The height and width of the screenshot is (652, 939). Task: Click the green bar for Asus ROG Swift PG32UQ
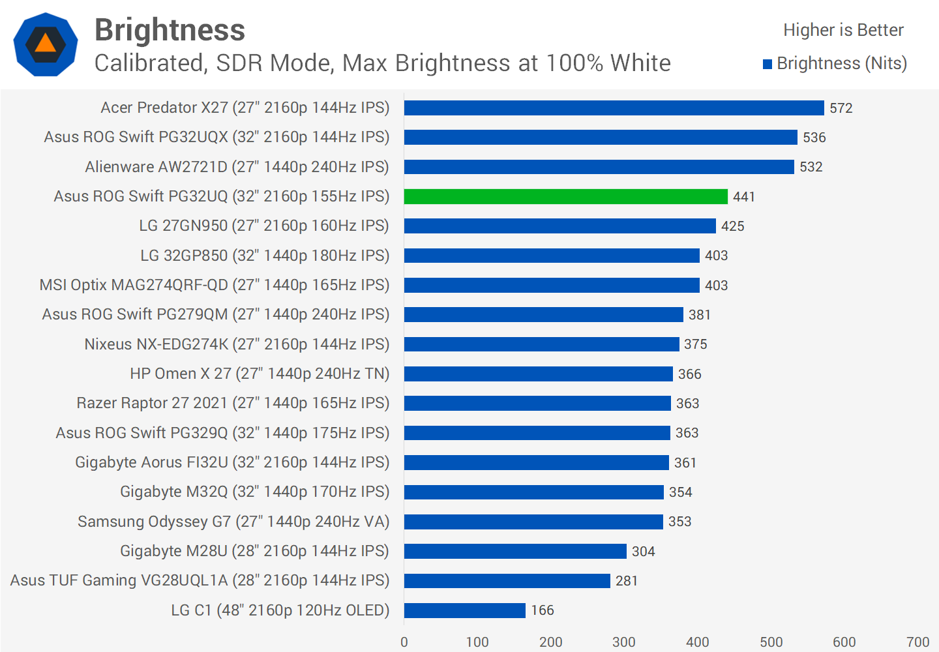565,196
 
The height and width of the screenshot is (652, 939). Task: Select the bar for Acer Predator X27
614,108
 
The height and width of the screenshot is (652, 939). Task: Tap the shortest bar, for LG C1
464,610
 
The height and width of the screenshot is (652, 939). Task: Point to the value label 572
841,108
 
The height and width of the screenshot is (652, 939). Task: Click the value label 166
542,610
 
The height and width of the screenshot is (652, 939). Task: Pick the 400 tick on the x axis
697,642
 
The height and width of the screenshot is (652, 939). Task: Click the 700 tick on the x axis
917,642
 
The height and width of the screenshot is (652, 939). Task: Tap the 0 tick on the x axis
404,642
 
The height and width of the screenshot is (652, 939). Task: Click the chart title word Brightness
170,30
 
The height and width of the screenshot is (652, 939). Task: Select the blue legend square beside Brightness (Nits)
768,64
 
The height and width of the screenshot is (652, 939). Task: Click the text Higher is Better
842,30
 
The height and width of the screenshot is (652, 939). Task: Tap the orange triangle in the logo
46,44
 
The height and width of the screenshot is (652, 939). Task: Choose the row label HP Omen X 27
260,374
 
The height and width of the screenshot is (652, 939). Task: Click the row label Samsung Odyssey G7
233,522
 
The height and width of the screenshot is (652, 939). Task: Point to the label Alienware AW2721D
237,167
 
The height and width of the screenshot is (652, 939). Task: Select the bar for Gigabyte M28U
515,552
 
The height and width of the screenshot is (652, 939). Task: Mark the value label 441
743,197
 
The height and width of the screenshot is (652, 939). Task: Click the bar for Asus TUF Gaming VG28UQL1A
507,581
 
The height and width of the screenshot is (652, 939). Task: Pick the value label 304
643,552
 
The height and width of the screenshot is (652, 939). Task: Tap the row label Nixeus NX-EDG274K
237,344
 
